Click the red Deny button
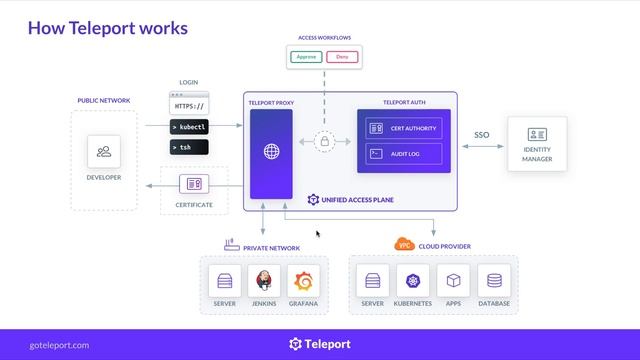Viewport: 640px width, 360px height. (342, 57)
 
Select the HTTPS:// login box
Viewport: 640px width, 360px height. (189, 105)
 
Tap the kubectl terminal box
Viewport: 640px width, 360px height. (189, 127)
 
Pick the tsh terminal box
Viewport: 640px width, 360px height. (189, 147)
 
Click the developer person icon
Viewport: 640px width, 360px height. (104, 152)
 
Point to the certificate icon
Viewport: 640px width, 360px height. (193, 184)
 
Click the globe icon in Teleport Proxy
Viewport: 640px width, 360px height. (271, 153)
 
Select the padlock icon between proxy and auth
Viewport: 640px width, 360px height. (324, 142)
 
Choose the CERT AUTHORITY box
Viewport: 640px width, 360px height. (406, 128)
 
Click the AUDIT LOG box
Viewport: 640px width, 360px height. (406, 154)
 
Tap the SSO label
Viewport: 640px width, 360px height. (482, 133)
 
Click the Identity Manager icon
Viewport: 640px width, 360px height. (537, 134)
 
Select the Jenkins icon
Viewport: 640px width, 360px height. (264, 280)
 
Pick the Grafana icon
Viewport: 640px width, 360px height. (303, 280)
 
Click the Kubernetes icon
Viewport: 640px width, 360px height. (413, 280)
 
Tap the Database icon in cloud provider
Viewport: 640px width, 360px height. (493, 280)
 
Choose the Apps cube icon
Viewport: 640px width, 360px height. (453, 280)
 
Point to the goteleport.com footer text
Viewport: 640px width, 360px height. (59, 345)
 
